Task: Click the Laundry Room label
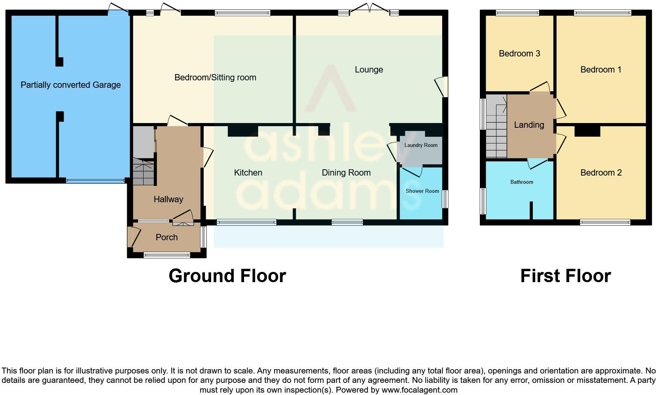421,145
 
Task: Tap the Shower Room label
422,191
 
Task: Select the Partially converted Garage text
71,85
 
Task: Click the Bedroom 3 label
519,54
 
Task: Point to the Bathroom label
521,182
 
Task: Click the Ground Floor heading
227,276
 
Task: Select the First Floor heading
565,276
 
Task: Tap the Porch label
166,237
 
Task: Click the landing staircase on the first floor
496,127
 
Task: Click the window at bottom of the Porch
167,255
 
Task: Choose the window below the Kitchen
246,223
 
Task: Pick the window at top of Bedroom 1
602,13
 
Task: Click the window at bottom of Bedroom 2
605,223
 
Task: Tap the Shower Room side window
445,199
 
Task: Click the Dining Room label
346,173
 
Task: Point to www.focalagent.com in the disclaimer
419,390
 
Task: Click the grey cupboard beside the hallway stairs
143,141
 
